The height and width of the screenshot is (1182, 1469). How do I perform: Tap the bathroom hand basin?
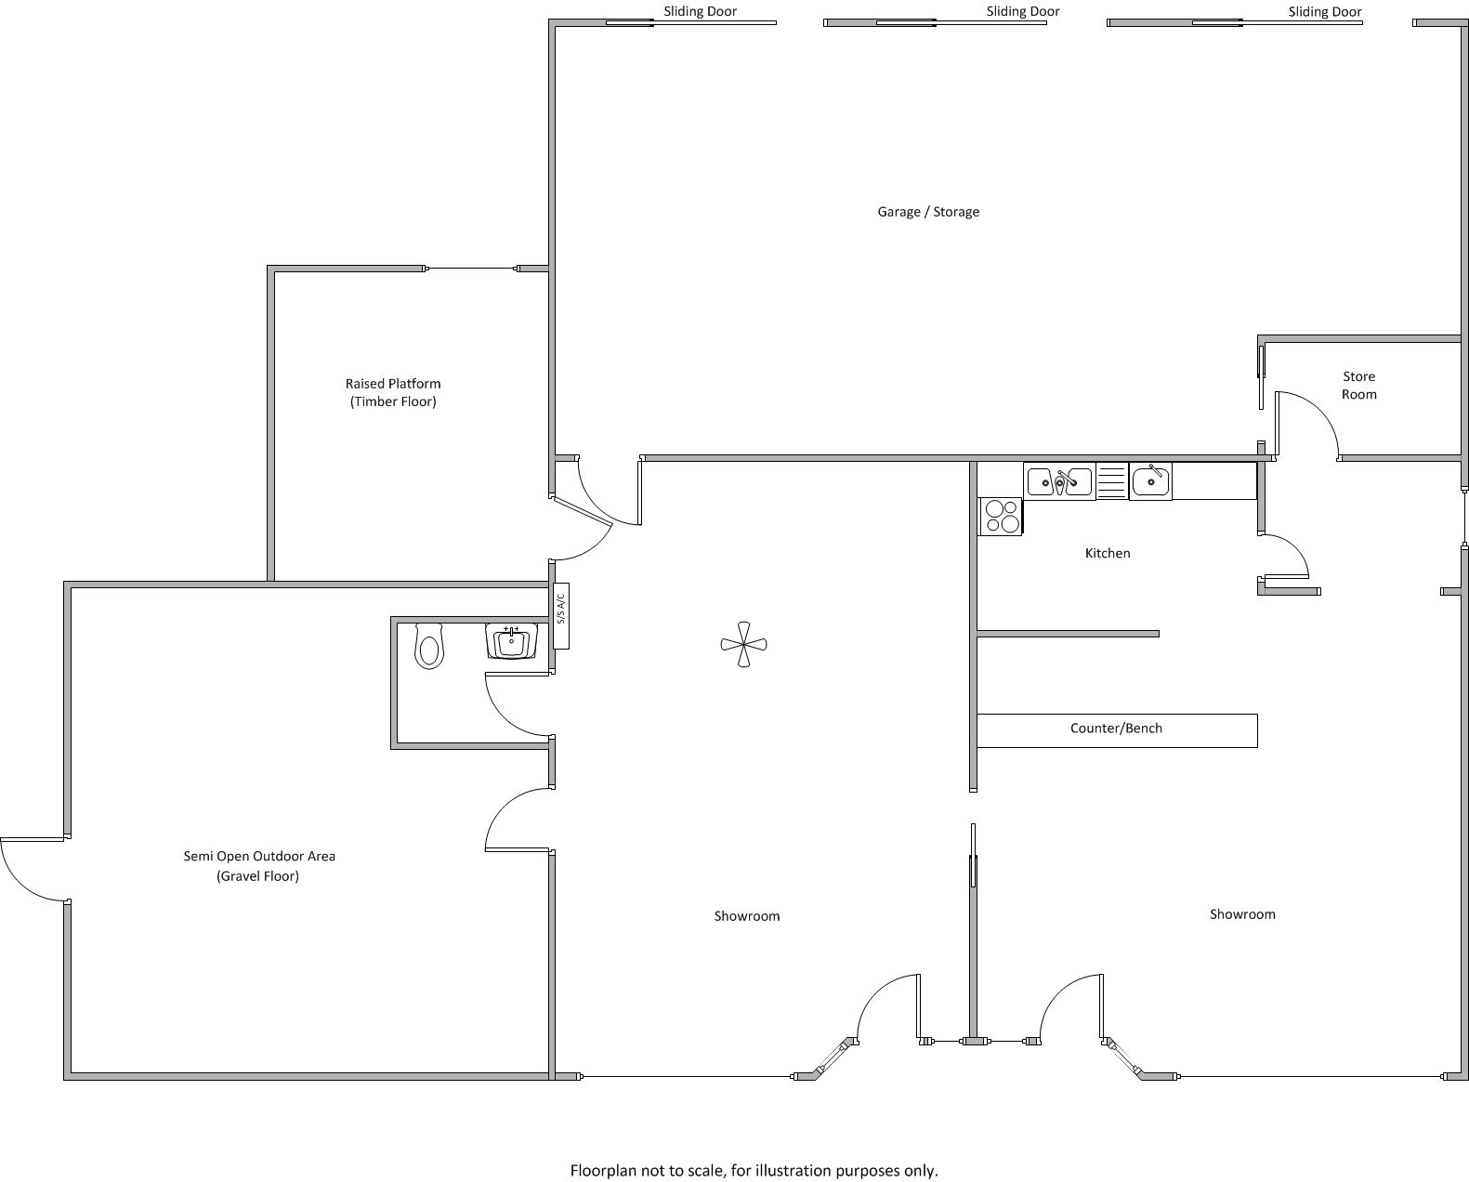click(511, 641)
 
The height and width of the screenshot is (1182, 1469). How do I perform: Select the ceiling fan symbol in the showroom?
click(743, 644)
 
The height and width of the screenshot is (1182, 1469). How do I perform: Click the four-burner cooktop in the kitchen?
click(1000, 517)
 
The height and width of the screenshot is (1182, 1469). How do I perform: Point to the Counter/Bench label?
click(1116, 728)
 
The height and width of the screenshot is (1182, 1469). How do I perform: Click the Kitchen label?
click(1108, 553)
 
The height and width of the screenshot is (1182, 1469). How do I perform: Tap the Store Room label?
click(1358, 385)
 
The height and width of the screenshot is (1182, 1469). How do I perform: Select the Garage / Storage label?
click(927, 212)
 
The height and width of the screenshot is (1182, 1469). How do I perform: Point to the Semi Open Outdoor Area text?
click(259, 856)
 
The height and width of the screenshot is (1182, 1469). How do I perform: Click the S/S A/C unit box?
click(561, 616)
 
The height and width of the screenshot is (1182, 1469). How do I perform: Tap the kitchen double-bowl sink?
click(1059, 481)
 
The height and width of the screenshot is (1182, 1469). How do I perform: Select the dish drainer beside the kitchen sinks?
click(1112, 481)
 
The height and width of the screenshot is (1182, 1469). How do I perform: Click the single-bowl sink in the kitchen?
click(1150, 481)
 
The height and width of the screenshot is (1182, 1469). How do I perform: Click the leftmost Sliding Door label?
click(700, 11)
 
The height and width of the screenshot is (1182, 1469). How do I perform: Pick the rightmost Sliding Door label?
click(1324, 11)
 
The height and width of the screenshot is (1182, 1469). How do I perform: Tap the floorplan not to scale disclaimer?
click(754, 1171)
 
